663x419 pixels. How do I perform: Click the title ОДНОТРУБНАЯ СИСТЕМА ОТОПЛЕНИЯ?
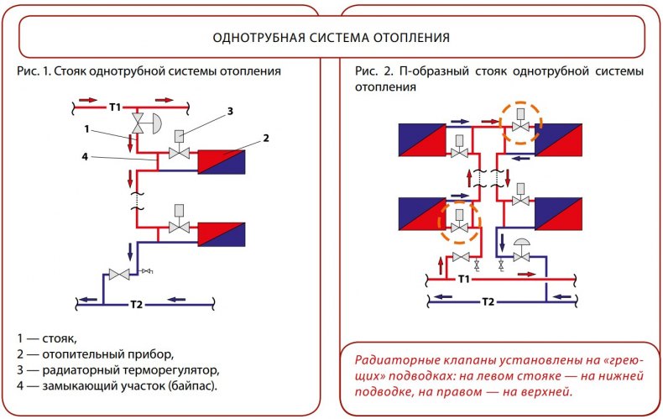[x=331, y=39]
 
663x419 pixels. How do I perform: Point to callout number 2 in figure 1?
[x=266, y=138]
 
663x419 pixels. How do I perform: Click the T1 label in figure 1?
[x=115, y=107]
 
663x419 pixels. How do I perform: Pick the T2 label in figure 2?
[x=488, y=301]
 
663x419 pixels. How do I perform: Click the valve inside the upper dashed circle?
[x=520, y=124]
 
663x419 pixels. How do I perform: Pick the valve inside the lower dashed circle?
[x=459, y=222]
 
